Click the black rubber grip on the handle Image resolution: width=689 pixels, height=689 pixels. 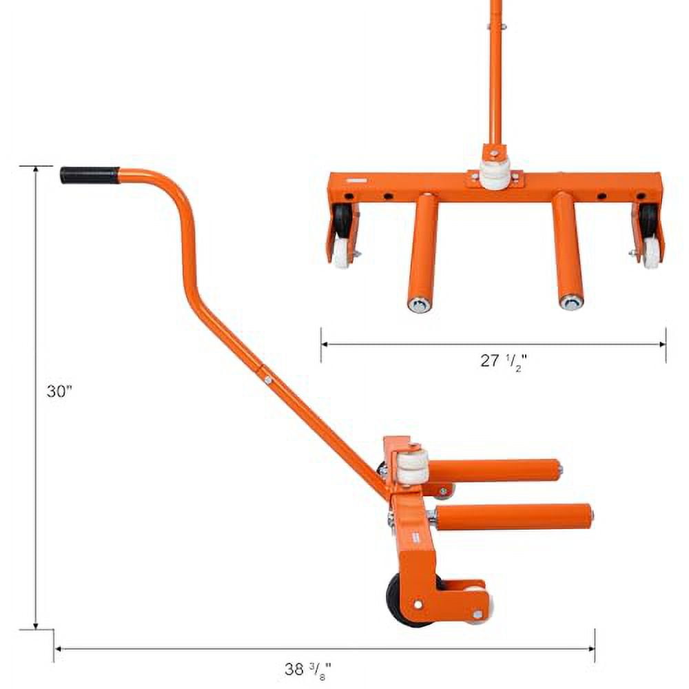coord(89,175)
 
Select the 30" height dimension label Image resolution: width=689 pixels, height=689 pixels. coord(59,391)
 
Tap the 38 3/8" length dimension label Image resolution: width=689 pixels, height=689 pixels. coord(308,668)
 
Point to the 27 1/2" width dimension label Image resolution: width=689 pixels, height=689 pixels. coord(504,360)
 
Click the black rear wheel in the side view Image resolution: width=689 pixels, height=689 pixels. coord(399,599)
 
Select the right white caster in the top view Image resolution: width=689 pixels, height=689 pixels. coord(650,251)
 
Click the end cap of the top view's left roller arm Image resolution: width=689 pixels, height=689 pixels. coord(419,304)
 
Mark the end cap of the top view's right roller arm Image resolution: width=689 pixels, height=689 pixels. coord(570,302)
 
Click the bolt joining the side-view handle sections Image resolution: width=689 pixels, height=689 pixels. coord(266,378)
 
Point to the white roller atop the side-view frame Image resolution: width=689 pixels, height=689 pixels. coord(411,468)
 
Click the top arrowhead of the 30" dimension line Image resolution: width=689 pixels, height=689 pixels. coord(36,169)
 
